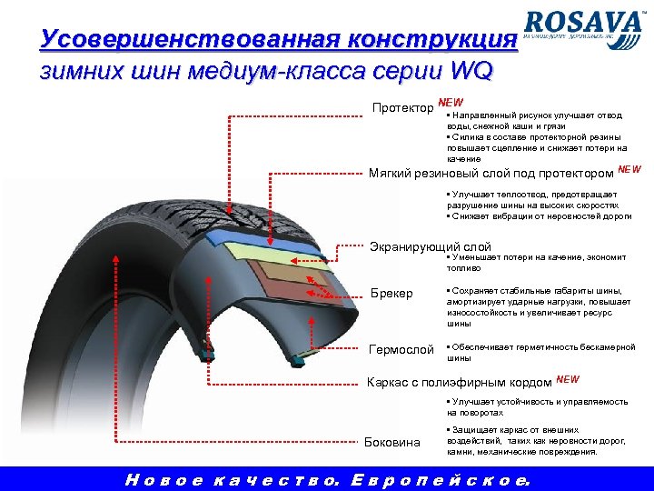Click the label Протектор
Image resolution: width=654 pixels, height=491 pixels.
[x=403, y=109]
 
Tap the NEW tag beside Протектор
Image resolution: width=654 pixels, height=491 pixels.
[x=450, y=103]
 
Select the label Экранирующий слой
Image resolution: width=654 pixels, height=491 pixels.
[x=431, y=246]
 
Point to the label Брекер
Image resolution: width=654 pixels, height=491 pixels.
[x=393, y=294]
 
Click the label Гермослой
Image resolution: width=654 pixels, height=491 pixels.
[x=401, y=349]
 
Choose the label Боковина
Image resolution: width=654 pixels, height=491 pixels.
[x=392, y=442]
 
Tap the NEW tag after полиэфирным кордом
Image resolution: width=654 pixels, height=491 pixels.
[x=567, y=377]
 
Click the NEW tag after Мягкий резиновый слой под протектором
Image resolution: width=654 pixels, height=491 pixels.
[x=629, y=169]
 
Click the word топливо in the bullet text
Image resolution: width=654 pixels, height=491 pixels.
[x=461, y=269]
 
